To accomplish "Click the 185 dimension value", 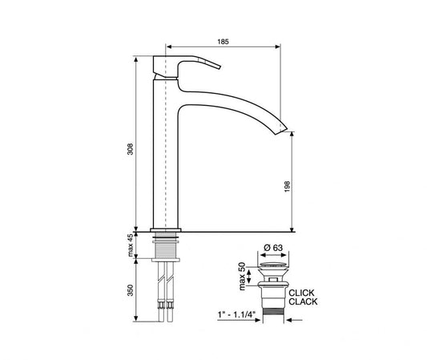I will click(224, 40).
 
